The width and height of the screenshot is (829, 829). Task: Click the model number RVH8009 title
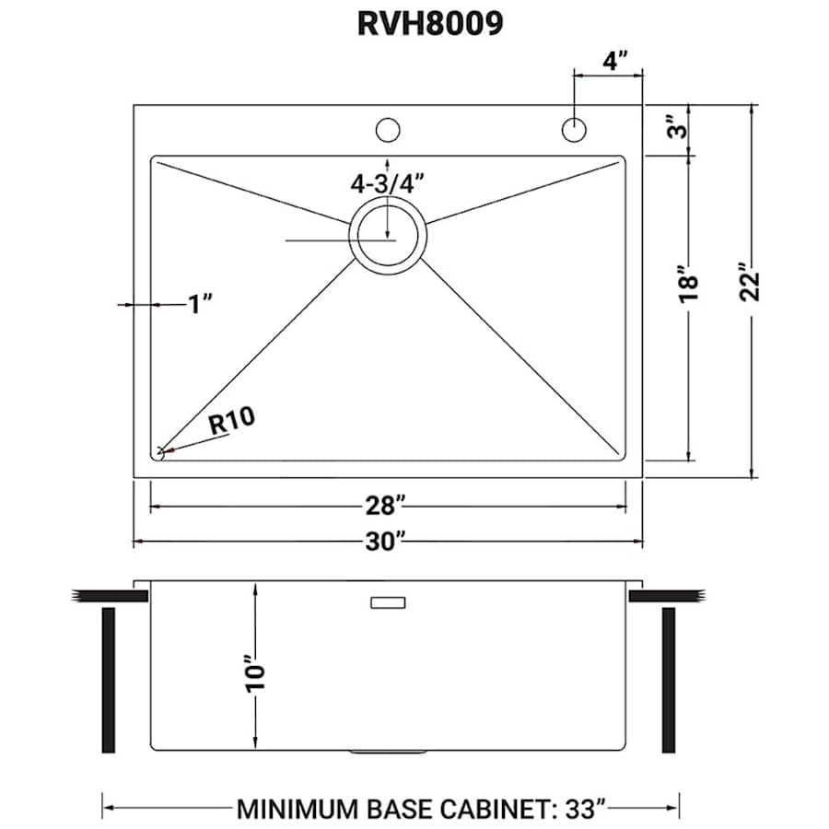coord(430,24)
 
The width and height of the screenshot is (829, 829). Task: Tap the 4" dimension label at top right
coord(609,60)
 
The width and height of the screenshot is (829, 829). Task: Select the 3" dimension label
coord(677,127)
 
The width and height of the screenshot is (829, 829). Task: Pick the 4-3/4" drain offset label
coord(391,182)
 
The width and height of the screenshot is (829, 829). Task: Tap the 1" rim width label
coord(199,303)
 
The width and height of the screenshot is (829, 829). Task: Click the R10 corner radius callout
coord(229,423)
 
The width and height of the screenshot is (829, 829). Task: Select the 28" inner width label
coord(386,506)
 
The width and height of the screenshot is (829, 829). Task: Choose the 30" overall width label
coord(386,542)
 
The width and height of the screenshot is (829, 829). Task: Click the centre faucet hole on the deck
coord(388,129)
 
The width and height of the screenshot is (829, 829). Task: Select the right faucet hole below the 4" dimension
coord(575,130)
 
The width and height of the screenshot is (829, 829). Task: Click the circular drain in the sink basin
coord(388,235)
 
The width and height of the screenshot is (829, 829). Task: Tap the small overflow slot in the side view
coord(388,602)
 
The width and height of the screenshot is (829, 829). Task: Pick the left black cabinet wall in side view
coord(108,679)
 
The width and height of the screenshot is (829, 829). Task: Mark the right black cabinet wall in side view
coord(669,679)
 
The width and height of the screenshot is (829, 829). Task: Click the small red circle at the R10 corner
coord(159,452)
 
